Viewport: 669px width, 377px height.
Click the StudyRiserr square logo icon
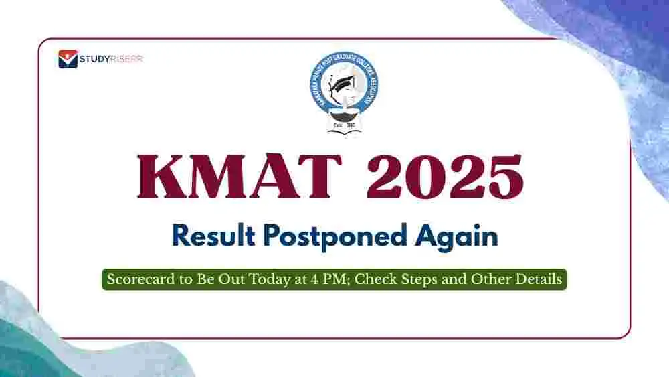tap(68, 59)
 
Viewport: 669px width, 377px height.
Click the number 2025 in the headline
tap(445, 176)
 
